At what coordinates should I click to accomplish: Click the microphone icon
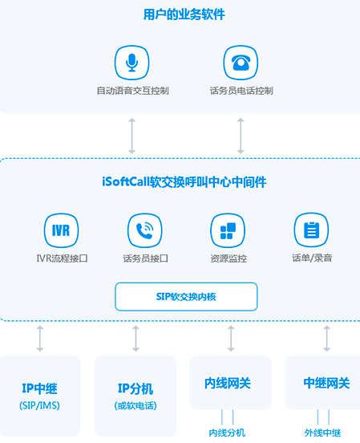pyautogui.click(x=131, y=63)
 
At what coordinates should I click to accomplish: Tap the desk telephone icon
pyautogui.click(x=241, y=63)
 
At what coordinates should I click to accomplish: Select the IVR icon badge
pyautogui.click(x=61, y=230)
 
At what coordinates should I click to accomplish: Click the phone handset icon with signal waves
pyautogui.click(x=145, y=230)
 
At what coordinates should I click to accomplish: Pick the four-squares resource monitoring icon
pyautogui.click(x=228, y=230)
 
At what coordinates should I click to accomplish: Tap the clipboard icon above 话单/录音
pyautogui.click(x=311, y=230)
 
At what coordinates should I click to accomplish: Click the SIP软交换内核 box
pyautogui.click(x=186, y=297)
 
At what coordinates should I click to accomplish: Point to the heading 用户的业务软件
pyautogui.click(x=184, y=14)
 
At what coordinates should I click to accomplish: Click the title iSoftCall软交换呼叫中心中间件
pyautogui.click(x=184, y=182)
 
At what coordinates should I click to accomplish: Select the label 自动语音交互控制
pyautogui.click(x=133, y=91)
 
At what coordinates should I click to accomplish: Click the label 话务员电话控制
pyautogui.click(x=241, y=91)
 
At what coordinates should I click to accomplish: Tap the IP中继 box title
pyautogui.click(x=39, y=388)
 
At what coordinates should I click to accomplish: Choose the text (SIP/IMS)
pyautogui.click(x=39, y=406)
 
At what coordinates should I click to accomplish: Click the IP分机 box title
pyautogui.click(x=136, y=388)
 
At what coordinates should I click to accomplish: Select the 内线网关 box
pyautogui.click(x=231, y=382)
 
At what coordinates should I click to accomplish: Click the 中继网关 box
pyautogui.click(x=323, y=382)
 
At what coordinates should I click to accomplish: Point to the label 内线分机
pyautogui.click(x=227, y=433)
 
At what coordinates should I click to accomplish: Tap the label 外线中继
pyautogui.click(x=323, y=433)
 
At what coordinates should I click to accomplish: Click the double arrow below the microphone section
pyautogui.click(x=131, y=136)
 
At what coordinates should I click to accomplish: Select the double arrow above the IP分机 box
pyautogui.click(x=136, y=339)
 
